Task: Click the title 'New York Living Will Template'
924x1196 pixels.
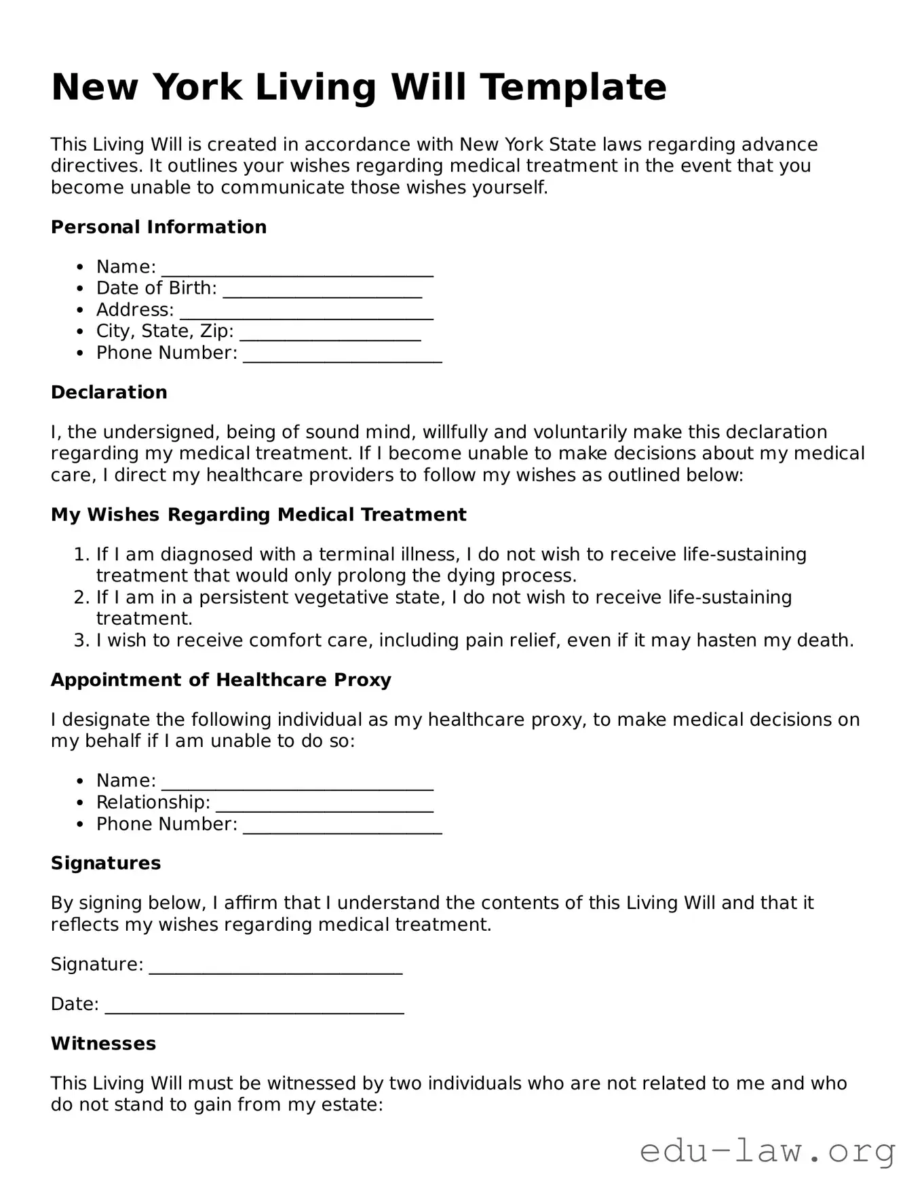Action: coord(359,87)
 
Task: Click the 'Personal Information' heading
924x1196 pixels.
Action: coord(159,227)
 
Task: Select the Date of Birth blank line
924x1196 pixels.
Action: coord(322,290)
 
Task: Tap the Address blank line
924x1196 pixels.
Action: coord(307,312)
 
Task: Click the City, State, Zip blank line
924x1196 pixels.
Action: coord(330,334)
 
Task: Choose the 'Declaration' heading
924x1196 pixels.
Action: coord(109,393)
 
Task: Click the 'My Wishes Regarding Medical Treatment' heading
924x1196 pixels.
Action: coord(258,515)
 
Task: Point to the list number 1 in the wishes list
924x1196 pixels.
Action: coord(81,555)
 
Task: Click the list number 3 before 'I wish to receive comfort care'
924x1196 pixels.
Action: coord(81,640)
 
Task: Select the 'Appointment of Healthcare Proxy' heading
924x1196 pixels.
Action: coord(221,680)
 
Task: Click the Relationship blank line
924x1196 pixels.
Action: coord(324,805)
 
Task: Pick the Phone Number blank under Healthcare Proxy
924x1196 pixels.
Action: coord(343,826)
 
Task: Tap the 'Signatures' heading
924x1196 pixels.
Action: coord(106,864)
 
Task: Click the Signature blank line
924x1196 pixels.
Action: coord(275,967)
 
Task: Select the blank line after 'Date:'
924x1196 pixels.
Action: coord(254,1006)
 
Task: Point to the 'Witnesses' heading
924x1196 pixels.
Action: coord(104,1044)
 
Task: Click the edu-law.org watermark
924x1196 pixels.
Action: coord(767,1151)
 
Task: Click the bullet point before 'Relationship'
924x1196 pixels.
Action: coord(81,803)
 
